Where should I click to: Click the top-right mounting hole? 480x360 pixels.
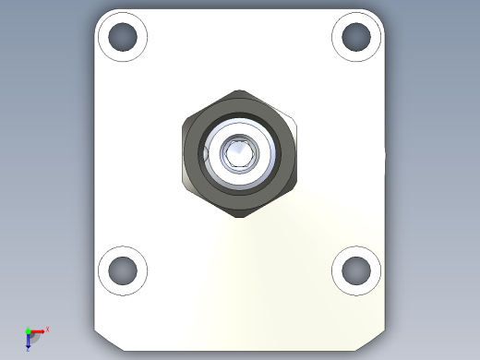(x=356, y=37)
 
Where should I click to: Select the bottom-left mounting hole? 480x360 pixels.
(x=123, y=270)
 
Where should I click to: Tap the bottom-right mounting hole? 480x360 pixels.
(x=356, y=270)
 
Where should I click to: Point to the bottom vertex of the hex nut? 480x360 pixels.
(x=240, y=218)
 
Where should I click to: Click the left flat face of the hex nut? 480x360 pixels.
(x=185, y=153)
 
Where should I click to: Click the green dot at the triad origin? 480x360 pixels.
(x=29, y=330)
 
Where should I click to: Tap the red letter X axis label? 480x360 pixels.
(x=47, y=329)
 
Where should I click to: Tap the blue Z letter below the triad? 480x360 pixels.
(x=29, y=348)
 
